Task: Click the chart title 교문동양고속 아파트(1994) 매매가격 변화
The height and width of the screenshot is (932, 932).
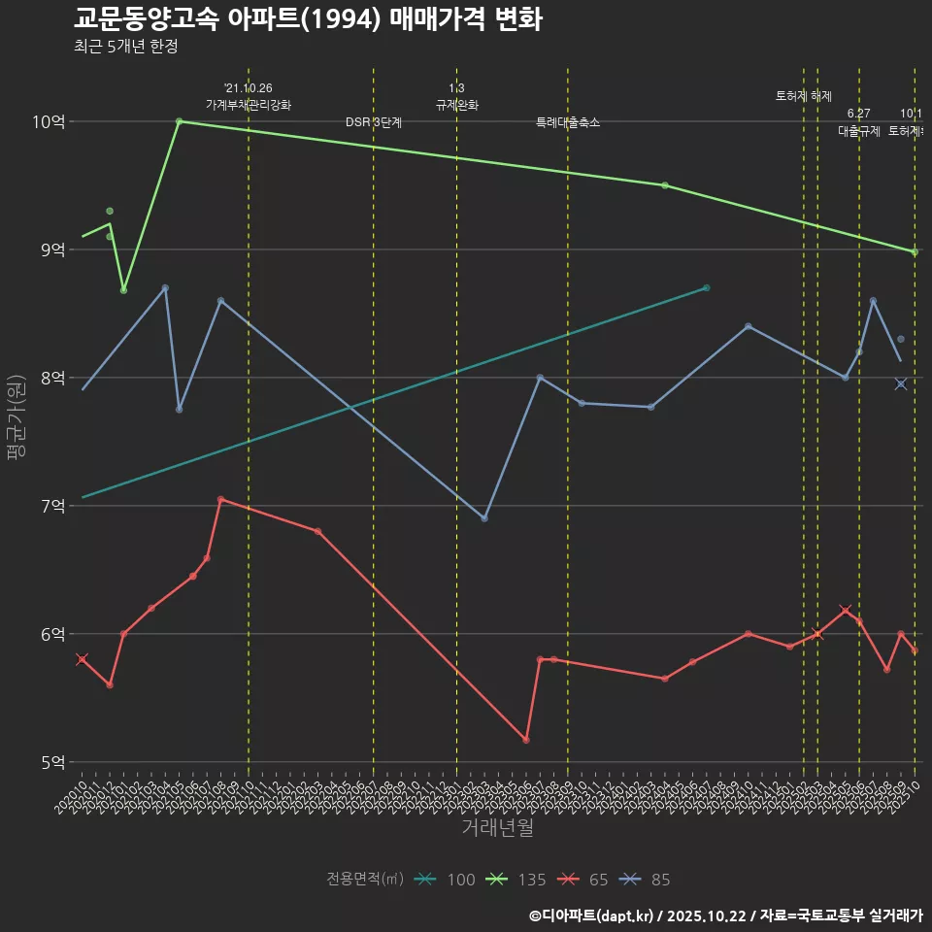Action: pyautogui.click(x=308, y=18)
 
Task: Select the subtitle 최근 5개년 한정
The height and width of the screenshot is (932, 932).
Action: pyautogui.click(x=125, y=47)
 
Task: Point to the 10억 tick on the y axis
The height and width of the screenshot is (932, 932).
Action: pyautogui.click(x=51, y=122)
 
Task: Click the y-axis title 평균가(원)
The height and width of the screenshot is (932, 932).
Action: pyautogui.click(x=16, y=417)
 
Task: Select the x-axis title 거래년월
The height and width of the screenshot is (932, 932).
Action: pyautogui.click(x=497, y=828)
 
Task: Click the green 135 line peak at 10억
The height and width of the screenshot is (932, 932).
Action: pyautogui.click(x=180, y=121)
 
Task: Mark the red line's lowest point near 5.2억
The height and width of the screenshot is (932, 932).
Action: pyautogui.click(x=526, y=740)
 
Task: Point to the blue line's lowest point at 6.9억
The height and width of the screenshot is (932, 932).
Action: pyautogui.click(x=484, y=518)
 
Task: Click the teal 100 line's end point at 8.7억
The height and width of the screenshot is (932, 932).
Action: pyautogui.click(x=707, y=287)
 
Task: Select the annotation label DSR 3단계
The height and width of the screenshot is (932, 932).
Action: pyautogui.click(x=374, y=123)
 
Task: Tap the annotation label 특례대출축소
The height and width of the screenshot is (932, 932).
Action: pyautogui.click(x=568, y=123)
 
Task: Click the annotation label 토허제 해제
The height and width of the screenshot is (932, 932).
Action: pyautogui.click(x=804, y=96)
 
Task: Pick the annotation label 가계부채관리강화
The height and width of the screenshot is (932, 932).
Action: pyautogui.click(x=249, y=105)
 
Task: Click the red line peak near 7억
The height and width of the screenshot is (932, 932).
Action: pyautogui.click(x=221, y=499)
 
